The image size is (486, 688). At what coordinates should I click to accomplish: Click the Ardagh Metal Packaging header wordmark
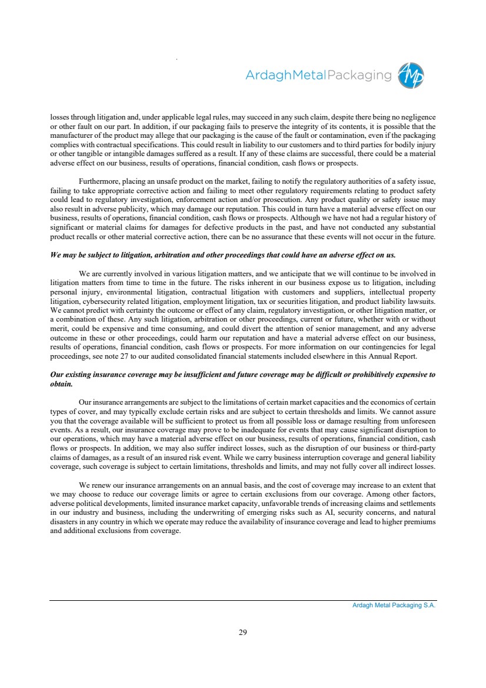(318, 75)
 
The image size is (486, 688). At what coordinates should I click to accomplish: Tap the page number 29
(242, 633)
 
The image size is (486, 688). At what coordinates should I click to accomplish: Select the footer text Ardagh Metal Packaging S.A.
(390, 605)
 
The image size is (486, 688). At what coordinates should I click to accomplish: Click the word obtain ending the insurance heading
(61, 383)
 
